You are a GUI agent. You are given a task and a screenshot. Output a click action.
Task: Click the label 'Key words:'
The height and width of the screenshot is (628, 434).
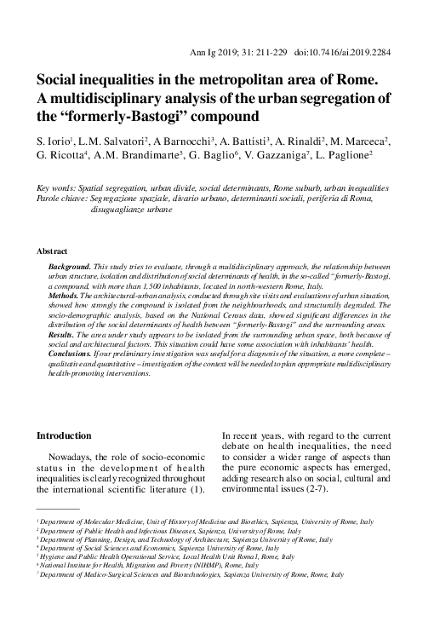(x=54, y=187)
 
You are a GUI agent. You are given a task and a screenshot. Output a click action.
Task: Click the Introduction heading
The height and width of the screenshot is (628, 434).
(x=63, y=435)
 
